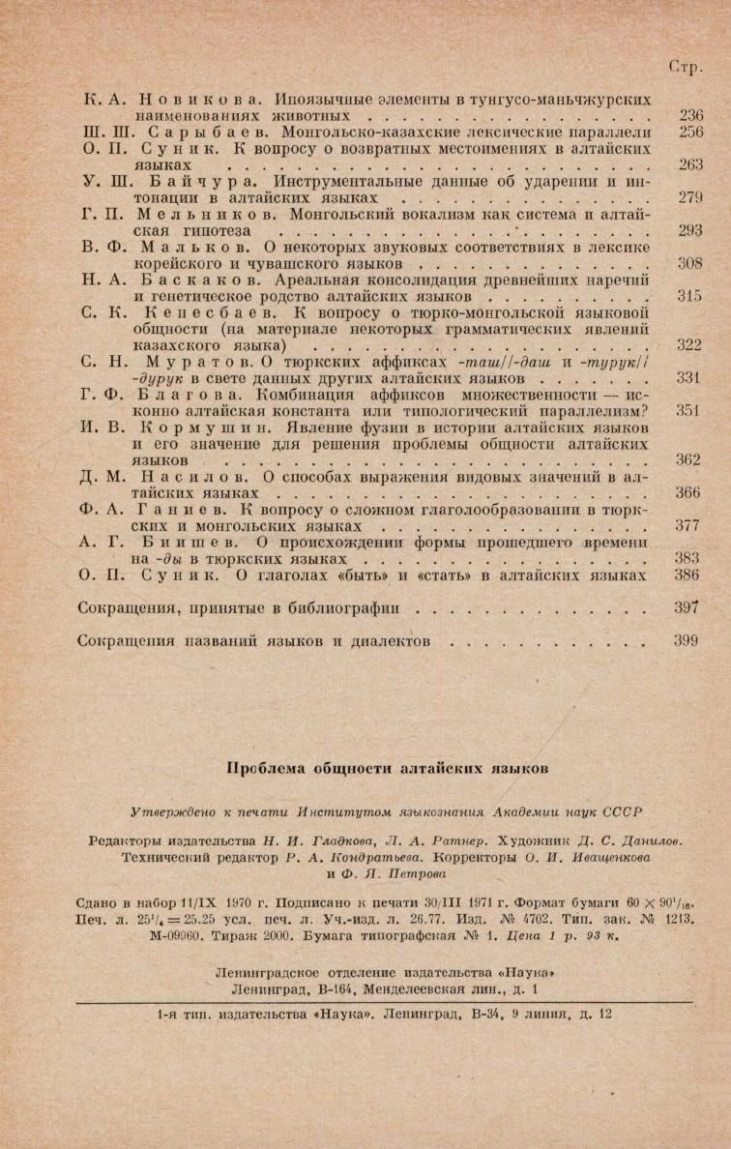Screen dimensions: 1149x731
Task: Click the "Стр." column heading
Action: point(686,68)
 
